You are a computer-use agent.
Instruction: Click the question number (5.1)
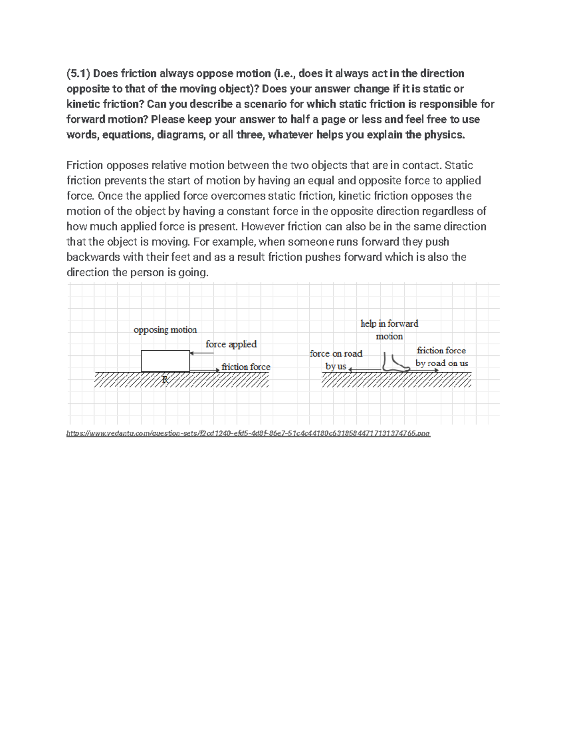coord(78,74)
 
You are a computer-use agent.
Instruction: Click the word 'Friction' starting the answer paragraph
coord(85,165)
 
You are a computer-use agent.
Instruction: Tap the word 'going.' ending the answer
coord(193,272)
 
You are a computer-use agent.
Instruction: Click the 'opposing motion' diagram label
coord(165,329)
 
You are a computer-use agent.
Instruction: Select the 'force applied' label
coord(231,344)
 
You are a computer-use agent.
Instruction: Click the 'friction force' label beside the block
coord(246,367)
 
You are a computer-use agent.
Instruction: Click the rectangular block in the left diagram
coord(165,361)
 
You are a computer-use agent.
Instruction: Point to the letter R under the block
coord(165,379)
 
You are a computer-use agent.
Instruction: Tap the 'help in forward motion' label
coord(389,329)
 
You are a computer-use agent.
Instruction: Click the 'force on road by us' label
coord(336,360)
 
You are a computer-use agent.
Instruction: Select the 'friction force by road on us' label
coord(442,357)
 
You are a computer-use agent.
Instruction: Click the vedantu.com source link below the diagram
coord(248,434)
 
